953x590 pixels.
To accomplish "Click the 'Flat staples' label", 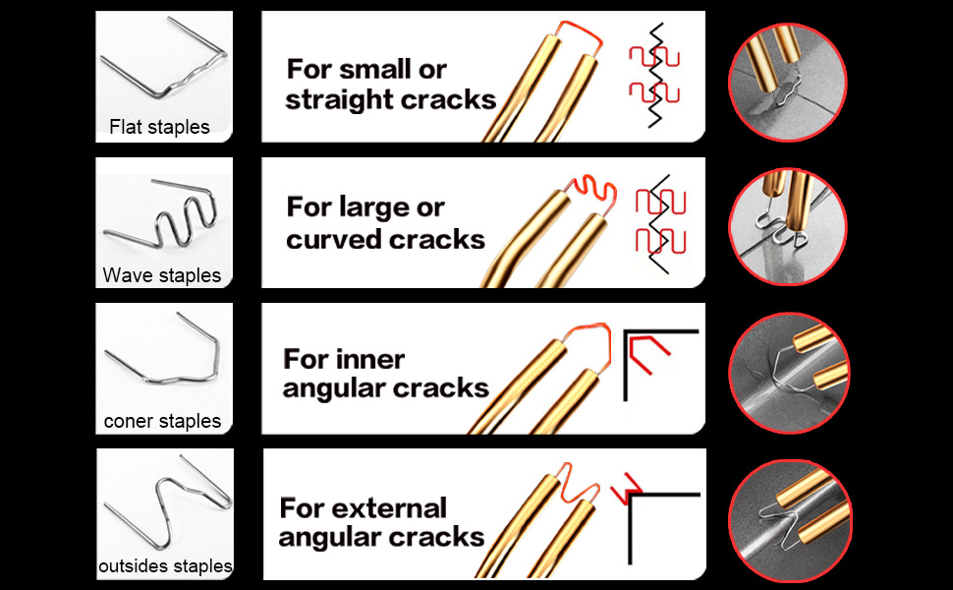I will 159,127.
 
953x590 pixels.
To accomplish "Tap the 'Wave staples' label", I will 162,275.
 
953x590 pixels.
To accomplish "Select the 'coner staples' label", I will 162,421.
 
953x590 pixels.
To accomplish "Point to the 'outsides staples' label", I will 165,566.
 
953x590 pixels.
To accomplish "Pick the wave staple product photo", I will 164,216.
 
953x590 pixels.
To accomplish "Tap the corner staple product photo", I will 164,359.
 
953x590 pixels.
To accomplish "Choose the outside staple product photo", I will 164,501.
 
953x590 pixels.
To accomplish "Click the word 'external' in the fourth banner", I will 390,508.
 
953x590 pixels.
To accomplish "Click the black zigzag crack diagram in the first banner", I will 652,76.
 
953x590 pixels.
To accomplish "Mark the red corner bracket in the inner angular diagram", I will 648,347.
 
